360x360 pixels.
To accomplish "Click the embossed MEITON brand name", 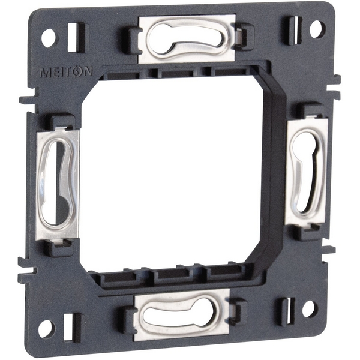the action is coord(66,71).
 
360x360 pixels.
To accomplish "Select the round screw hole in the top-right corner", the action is coord(317,28).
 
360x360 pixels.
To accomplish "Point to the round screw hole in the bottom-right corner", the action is coord(309,308).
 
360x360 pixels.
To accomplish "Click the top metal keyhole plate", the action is coord(187,38).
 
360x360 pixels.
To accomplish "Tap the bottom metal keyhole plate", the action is coord(182,314).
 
